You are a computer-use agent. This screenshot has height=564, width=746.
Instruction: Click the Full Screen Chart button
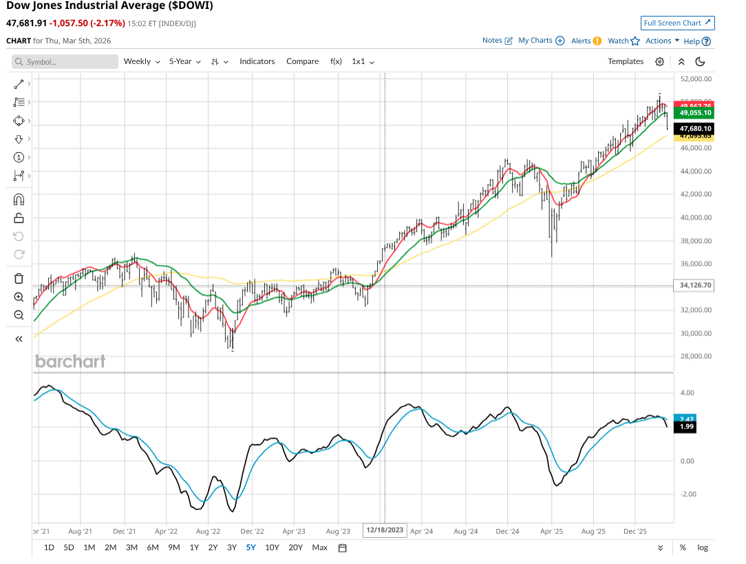[677, 23]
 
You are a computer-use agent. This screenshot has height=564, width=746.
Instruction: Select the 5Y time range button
[251, 547]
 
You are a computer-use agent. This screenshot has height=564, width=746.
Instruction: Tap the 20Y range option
[295, 547]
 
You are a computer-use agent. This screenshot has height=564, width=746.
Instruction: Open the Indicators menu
[257, 61]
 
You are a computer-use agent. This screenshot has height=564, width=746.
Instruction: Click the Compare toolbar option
[302, 61]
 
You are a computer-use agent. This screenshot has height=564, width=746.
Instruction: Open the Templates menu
[625, 61]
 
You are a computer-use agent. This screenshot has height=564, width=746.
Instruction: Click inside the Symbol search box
[65, 62]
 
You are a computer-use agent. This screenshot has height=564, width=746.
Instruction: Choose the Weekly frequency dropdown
[141, 61]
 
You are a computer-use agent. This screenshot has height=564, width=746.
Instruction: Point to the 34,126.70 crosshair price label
[694, 285]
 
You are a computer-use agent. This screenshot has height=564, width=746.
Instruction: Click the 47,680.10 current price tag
[694, 129]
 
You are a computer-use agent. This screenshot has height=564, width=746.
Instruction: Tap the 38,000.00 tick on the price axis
[695, 241]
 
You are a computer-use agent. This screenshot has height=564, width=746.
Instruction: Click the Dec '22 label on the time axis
[252, 531]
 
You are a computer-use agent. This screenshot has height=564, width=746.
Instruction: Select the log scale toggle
[702, 547]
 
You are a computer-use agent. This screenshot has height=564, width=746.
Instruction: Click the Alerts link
[586, 41]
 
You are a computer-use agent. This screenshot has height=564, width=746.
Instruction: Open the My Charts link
[541, 41]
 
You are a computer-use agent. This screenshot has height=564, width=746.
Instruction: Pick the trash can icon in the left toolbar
[19, 278]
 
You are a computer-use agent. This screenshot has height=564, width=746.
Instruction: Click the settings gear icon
[659, 61]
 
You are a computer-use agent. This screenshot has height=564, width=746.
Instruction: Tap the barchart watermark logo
[70, 361]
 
